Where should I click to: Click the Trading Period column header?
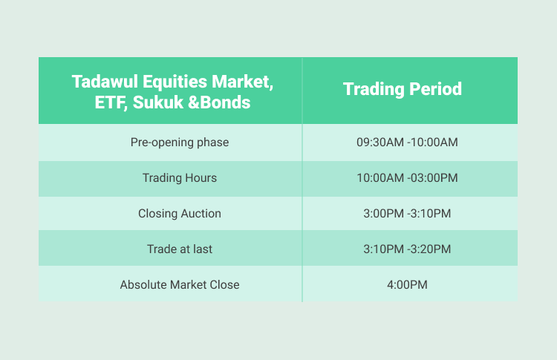click(402, 89)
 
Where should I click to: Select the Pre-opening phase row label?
click(180, 143)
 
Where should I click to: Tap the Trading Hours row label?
click(180, 178)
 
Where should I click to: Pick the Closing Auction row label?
click(180, 213)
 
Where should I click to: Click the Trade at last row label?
click(180, 249)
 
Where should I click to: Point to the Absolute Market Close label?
click(180, 285)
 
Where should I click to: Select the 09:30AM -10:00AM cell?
click(407, 143)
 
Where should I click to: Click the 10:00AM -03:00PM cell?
click(407, 178)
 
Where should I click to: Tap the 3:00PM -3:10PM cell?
click(407, 213)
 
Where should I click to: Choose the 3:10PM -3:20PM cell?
click(407, 249)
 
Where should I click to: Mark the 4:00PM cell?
click(407, 285)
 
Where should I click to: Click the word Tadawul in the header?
click(105, 82)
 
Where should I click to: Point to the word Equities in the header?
click(175, 82)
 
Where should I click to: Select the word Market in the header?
click(243, 82)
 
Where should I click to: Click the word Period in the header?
click(435, 88)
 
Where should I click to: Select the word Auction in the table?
click(201, 213)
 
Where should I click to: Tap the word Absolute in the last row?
click(143, 285)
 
